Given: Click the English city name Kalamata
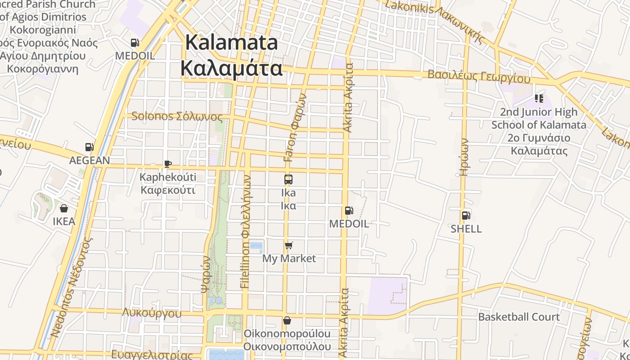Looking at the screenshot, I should pos(231,43).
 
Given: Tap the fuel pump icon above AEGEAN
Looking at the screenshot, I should pos(89,147).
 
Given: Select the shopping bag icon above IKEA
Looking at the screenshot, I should pos(64,208).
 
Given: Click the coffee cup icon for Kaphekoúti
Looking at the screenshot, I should pos(167,164).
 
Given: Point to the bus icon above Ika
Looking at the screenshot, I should pos(288,180).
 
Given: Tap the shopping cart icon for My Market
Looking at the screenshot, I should pos(289,246).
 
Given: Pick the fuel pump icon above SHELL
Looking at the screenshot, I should pos(466,216).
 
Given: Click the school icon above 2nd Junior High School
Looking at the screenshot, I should pos(539,99).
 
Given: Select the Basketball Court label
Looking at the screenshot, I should pos(519,317).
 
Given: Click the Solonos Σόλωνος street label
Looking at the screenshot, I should pos(177,117).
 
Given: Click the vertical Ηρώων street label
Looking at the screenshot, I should pos(465,157).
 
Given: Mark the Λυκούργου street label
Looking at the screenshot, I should pos(152,313).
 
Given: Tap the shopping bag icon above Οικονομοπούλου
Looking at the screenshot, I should pos(287,320).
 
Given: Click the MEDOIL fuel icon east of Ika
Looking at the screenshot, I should pos(349,211).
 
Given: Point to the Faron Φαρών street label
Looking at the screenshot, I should pos(295,127).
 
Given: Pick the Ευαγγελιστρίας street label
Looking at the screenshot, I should pos(152,354).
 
